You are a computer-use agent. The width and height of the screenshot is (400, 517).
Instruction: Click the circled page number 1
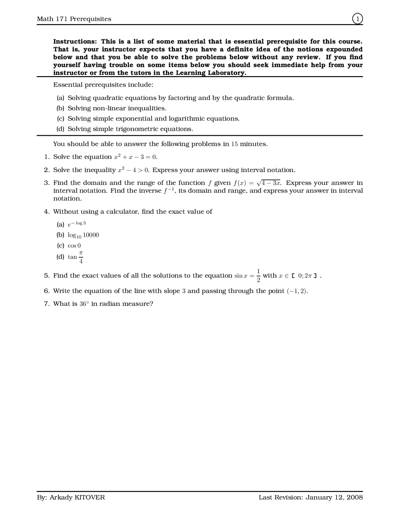357,19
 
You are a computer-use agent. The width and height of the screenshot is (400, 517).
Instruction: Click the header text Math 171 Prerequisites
74,19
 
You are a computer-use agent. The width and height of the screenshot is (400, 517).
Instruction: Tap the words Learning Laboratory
211,73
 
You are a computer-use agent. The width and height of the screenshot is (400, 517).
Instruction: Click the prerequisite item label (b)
60,108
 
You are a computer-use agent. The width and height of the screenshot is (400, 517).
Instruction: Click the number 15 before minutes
234,144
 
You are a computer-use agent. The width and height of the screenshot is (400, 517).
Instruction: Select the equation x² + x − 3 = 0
135,157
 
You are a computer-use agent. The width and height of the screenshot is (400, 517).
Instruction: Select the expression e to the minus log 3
77,224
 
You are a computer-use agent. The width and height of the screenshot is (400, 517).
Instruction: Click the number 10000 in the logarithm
91,235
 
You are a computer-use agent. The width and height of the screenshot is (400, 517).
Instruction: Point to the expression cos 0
74,246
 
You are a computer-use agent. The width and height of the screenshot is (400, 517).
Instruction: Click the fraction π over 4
81,257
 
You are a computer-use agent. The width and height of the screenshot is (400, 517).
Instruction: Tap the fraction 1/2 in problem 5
258,275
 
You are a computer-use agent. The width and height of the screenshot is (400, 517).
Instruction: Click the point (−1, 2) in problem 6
297,291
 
